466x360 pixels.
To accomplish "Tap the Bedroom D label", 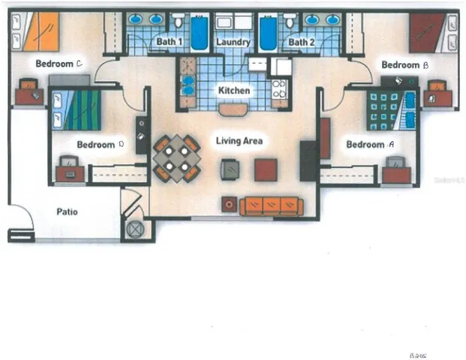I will pos(95,144).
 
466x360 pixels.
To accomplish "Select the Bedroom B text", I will pos(404,65).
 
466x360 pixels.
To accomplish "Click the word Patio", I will pos(68,211).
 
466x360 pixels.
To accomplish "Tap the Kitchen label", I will pos(233,91).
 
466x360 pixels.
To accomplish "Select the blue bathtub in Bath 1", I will pos(200,32).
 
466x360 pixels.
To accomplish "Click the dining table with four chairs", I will pos(176,157).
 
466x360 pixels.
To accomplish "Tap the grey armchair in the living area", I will pos(231,169).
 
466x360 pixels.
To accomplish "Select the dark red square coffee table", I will pos(266,169).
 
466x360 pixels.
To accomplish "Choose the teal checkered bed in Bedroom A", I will pos(386,110).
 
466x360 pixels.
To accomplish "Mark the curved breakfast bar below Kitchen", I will pos(233,109).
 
